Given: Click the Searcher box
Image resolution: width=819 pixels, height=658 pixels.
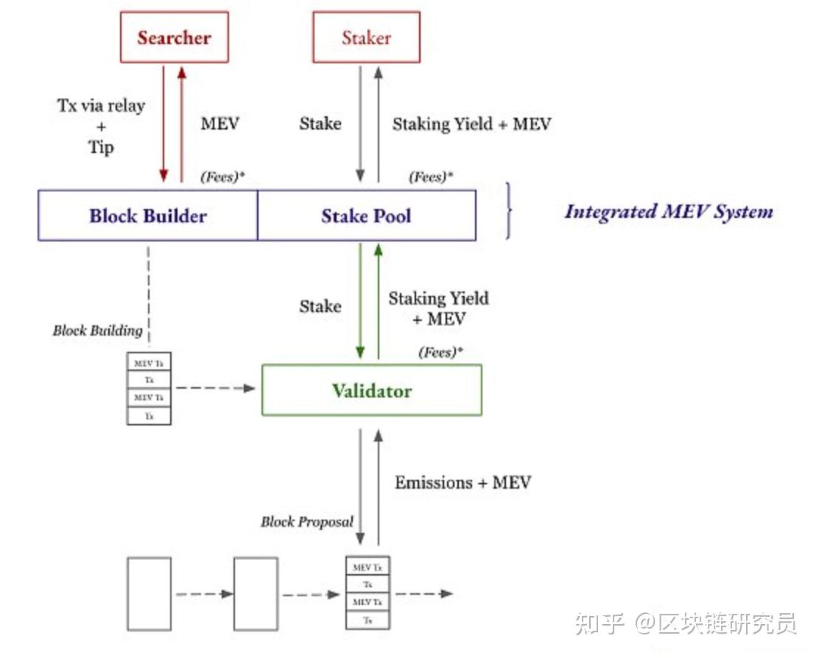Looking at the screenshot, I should tap(174, 38).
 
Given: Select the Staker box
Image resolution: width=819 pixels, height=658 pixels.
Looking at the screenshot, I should tap(366, 38).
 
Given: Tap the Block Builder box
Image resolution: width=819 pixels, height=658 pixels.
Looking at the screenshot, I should tap(148, 216).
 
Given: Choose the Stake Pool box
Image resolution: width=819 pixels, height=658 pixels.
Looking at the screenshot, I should tap(366, 216).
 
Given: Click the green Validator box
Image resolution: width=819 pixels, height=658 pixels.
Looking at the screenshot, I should tap(371, 390).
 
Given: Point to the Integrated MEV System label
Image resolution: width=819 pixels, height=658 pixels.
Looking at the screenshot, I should tap(669, 212).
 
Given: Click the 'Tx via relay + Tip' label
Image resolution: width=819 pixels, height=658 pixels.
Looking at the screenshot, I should tap(101, 125).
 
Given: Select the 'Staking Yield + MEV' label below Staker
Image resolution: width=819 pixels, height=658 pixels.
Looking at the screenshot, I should tap(471, 124).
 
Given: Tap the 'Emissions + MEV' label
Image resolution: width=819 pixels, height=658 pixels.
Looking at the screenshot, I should tap(463, 483).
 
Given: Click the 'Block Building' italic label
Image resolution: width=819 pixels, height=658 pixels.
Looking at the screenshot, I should tap(97, 330).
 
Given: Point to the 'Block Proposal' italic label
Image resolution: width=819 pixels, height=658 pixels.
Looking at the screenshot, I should tap(306, 522).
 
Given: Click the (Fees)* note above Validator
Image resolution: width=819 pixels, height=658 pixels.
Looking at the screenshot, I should tap(440, 353).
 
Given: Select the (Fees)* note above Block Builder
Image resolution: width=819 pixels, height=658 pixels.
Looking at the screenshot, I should tap(222, 177).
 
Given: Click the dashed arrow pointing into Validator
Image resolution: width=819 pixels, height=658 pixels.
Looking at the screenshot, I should tap(214, 388).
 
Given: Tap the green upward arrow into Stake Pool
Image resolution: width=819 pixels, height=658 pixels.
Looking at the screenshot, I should tap(379, 302).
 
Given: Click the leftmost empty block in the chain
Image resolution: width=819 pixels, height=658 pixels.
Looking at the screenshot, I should tap(149, 593).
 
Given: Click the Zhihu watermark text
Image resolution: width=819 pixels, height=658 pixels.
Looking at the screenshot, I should tap(686, 624).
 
